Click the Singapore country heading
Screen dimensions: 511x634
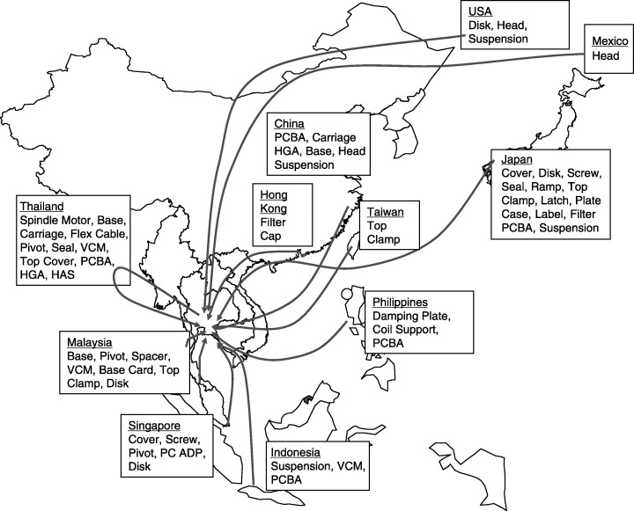[x=156, y=425]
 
